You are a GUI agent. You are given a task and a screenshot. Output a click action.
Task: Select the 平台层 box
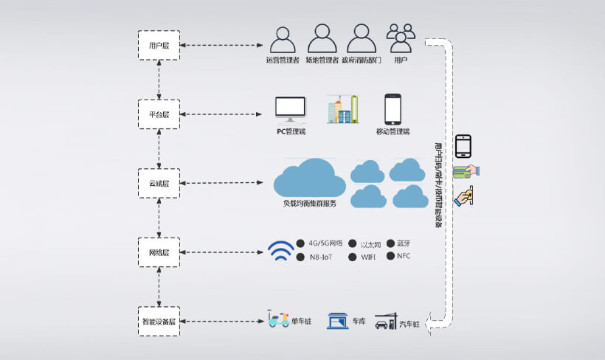click(159, 114)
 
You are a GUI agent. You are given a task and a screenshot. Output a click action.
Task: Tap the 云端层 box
click(159, 183)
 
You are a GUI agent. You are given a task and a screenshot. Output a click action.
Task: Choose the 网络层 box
click(159, 252)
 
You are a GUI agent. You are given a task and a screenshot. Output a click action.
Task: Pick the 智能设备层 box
click(159, 322)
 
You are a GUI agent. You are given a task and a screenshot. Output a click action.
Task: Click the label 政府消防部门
click(361, 60)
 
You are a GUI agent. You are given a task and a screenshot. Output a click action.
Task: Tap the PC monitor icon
click(290, 108)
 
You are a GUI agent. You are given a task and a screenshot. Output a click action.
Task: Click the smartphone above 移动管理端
click(393, 109)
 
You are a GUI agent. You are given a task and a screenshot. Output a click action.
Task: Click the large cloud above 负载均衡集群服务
click(309, 178)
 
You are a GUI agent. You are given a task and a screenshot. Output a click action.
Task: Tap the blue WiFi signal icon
click(280, 251)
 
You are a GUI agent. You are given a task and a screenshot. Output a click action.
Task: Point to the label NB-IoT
click(321, 257)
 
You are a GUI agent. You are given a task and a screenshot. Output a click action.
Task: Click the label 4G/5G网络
click(325, 243)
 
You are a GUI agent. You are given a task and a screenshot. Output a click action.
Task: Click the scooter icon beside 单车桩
click(277, 321)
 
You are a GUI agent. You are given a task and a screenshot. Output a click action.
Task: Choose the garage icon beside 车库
click(337, 321)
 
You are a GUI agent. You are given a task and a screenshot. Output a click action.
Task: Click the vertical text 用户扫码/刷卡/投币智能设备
click(439, 184)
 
